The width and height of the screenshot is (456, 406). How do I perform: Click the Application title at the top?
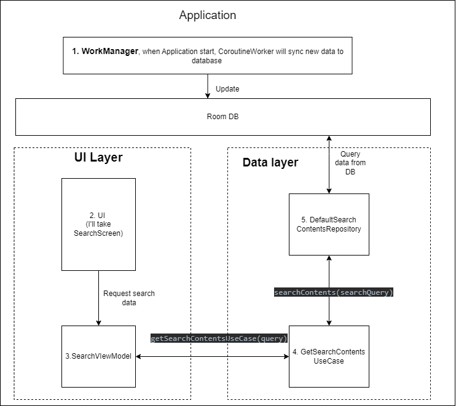click(x=207, y=15)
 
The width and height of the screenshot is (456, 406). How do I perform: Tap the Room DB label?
click(x=222, y=116)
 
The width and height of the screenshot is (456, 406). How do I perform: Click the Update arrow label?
click(x=227, y=89)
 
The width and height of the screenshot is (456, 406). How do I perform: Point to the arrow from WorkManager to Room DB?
click(x=208, y=86)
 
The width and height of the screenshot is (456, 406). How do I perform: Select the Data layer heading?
click(x=270, y=162)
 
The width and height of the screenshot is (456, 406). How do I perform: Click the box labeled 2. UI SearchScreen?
click(x=98, y=224)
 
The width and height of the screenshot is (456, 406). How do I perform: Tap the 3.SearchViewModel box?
click(x=98, y=356)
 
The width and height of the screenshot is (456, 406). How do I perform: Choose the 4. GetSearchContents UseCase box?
click(x=329, y=356)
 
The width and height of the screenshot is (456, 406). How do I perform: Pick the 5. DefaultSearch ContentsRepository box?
click(x=329, y=224)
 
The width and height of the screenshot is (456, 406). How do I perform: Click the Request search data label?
click(x=128, y=298)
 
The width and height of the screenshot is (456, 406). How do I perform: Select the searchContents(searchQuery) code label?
click(x=333, y=292)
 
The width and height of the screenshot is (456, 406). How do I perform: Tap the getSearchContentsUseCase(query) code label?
click(x=219, y=338)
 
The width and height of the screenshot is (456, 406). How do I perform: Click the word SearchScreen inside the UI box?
click(x=98, y=233)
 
